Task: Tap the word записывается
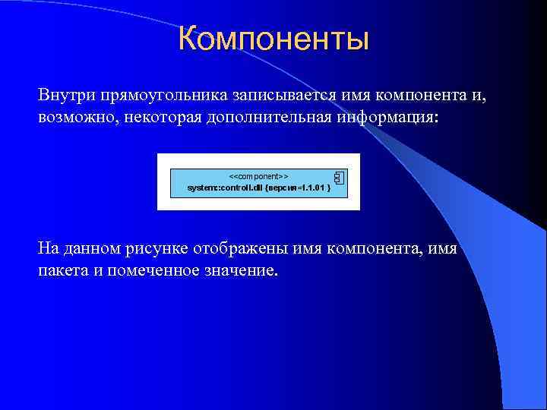pos(267,96)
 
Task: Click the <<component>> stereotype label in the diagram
pos(258,176)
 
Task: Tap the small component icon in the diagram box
pos(339,178)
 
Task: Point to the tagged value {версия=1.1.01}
pos(297,187)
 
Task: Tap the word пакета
pos(62,271)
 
